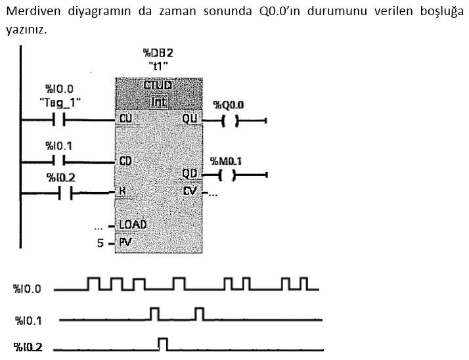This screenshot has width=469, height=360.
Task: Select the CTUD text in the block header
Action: click(x=158, y=86)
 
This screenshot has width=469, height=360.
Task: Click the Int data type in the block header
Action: click(x=158, y=101)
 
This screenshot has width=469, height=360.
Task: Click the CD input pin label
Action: click(x=127, y=160)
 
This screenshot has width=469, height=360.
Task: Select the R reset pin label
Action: click(x=122, y=192)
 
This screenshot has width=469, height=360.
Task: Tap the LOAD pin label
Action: click(x=133, y=224)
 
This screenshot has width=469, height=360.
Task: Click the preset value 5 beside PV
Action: click(x=100, y=243)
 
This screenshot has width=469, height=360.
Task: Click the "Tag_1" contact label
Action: click(x=59, y=102)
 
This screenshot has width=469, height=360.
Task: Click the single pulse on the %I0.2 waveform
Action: click(x=163, y=343)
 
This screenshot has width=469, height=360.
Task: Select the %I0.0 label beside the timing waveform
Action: click(x=27, y=289)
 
